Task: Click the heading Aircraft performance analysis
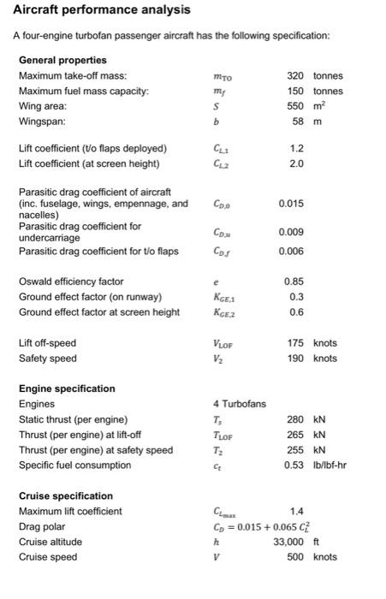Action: click(x=102, y=10)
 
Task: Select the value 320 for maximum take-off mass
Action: click(x=296, y=76)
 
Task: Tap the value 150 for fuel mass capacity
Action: click(x=296, y=92)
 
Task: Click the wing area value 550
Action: click(x=296, y=107)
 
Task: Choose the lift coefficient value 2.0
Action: click(x=296, y=163)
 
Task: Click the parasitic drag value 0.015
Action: click(x=292, y=204)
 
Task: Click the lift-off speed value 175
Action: click(x=296, y=343)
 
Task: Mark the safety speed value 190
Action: click(x=296, y=359)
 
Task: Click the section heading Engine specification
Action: click(x=67, y=388)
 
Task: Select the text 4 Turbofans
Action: click(x=240, y=404)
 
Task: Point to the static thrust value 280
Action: click(x=296, y=419)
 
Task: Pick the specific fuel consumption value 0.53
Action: click(x=296, y=466)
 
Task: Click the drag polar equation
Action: click(x=265, y=526)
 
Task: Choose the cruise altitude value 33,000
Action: click(x=289, y=542)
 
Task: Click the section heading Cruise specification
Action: click(x=66, y=496)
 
